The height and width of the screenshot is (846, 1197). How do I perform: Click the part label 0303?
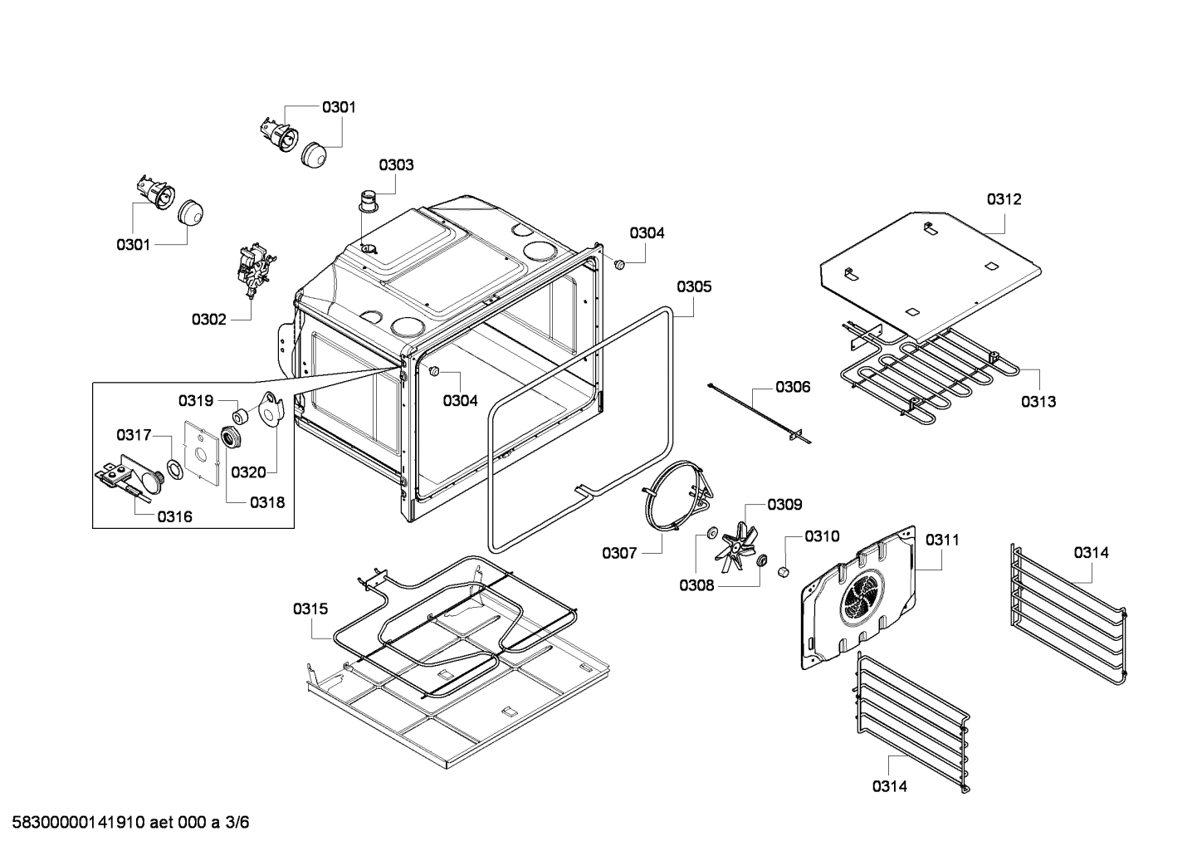[x=396, y=165]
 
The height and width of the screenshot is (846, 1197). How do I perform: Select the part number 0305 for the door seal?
[x=694, y=286]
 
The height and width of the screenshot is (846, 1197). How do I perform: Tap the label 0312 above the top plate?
[x=1004, y=199]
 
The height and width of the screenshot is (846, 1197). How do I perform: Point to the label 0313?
[x=1038, y=402]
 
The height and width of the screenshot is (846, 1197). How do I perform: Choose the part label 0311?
[x=942, y=540]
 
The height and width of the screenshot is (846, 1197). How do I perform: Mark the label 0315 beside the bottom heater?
[x=310, y=609]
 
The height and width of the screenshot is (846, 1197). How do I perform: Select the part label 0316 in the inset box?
[x=174, y=516]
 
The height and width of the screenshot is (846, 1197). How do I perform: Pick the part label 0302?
[x=208, y=319]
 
